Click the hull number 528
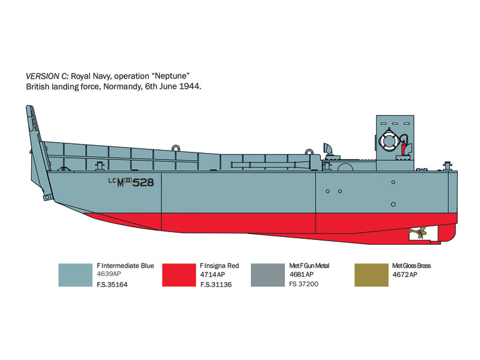pyautogui.click(x=143, y=182)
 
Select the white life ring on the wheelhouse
pyautogui.click(x=389, y=141)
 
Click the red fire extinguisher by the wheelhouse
pyautogui.click(x=404, y=148)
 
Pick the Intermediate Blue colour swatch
pyautogui.click(x=76, y=275)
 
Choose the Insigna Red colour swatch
pyautogui.click(x=179, y=275)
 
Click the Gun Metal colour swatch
pyautogui.click(x=268, y=275)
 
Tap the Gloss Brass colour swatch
pyautogui.click(x=371, y=275)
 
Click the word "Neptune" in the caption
pyautogui.click(x=173, y=76)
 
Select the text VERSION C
pyautogui.click(x=47, y=76)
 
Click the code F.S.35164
pyautogui.click(x=112, y=284)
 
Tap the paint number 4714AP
pyautogui.click(x=212, y=275)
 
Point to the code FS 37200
pyautogui.click(x=304, y=284)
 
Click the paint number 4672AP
pyautogui.click(x=404, y=275)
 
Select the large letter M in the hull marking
pyautogui.click(x=121, y=183)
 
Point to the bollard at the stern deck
pyautogui.click(x=447, y=166)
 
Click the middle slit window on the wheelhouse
pyautogui.click(x=395, y=124)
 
